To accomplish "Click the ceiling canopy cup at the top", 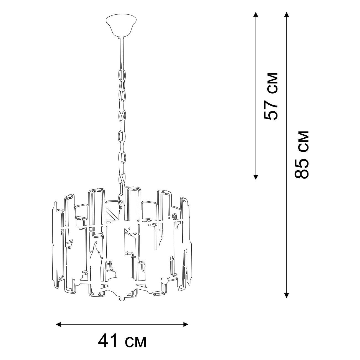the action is coord(121,26).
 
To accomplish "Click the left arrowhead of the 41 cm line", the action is coord(58,325).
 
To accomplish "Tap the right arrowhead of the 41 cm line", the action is coord(186,325).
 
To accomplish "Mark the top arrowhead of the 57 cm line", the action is coord(256,15).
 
